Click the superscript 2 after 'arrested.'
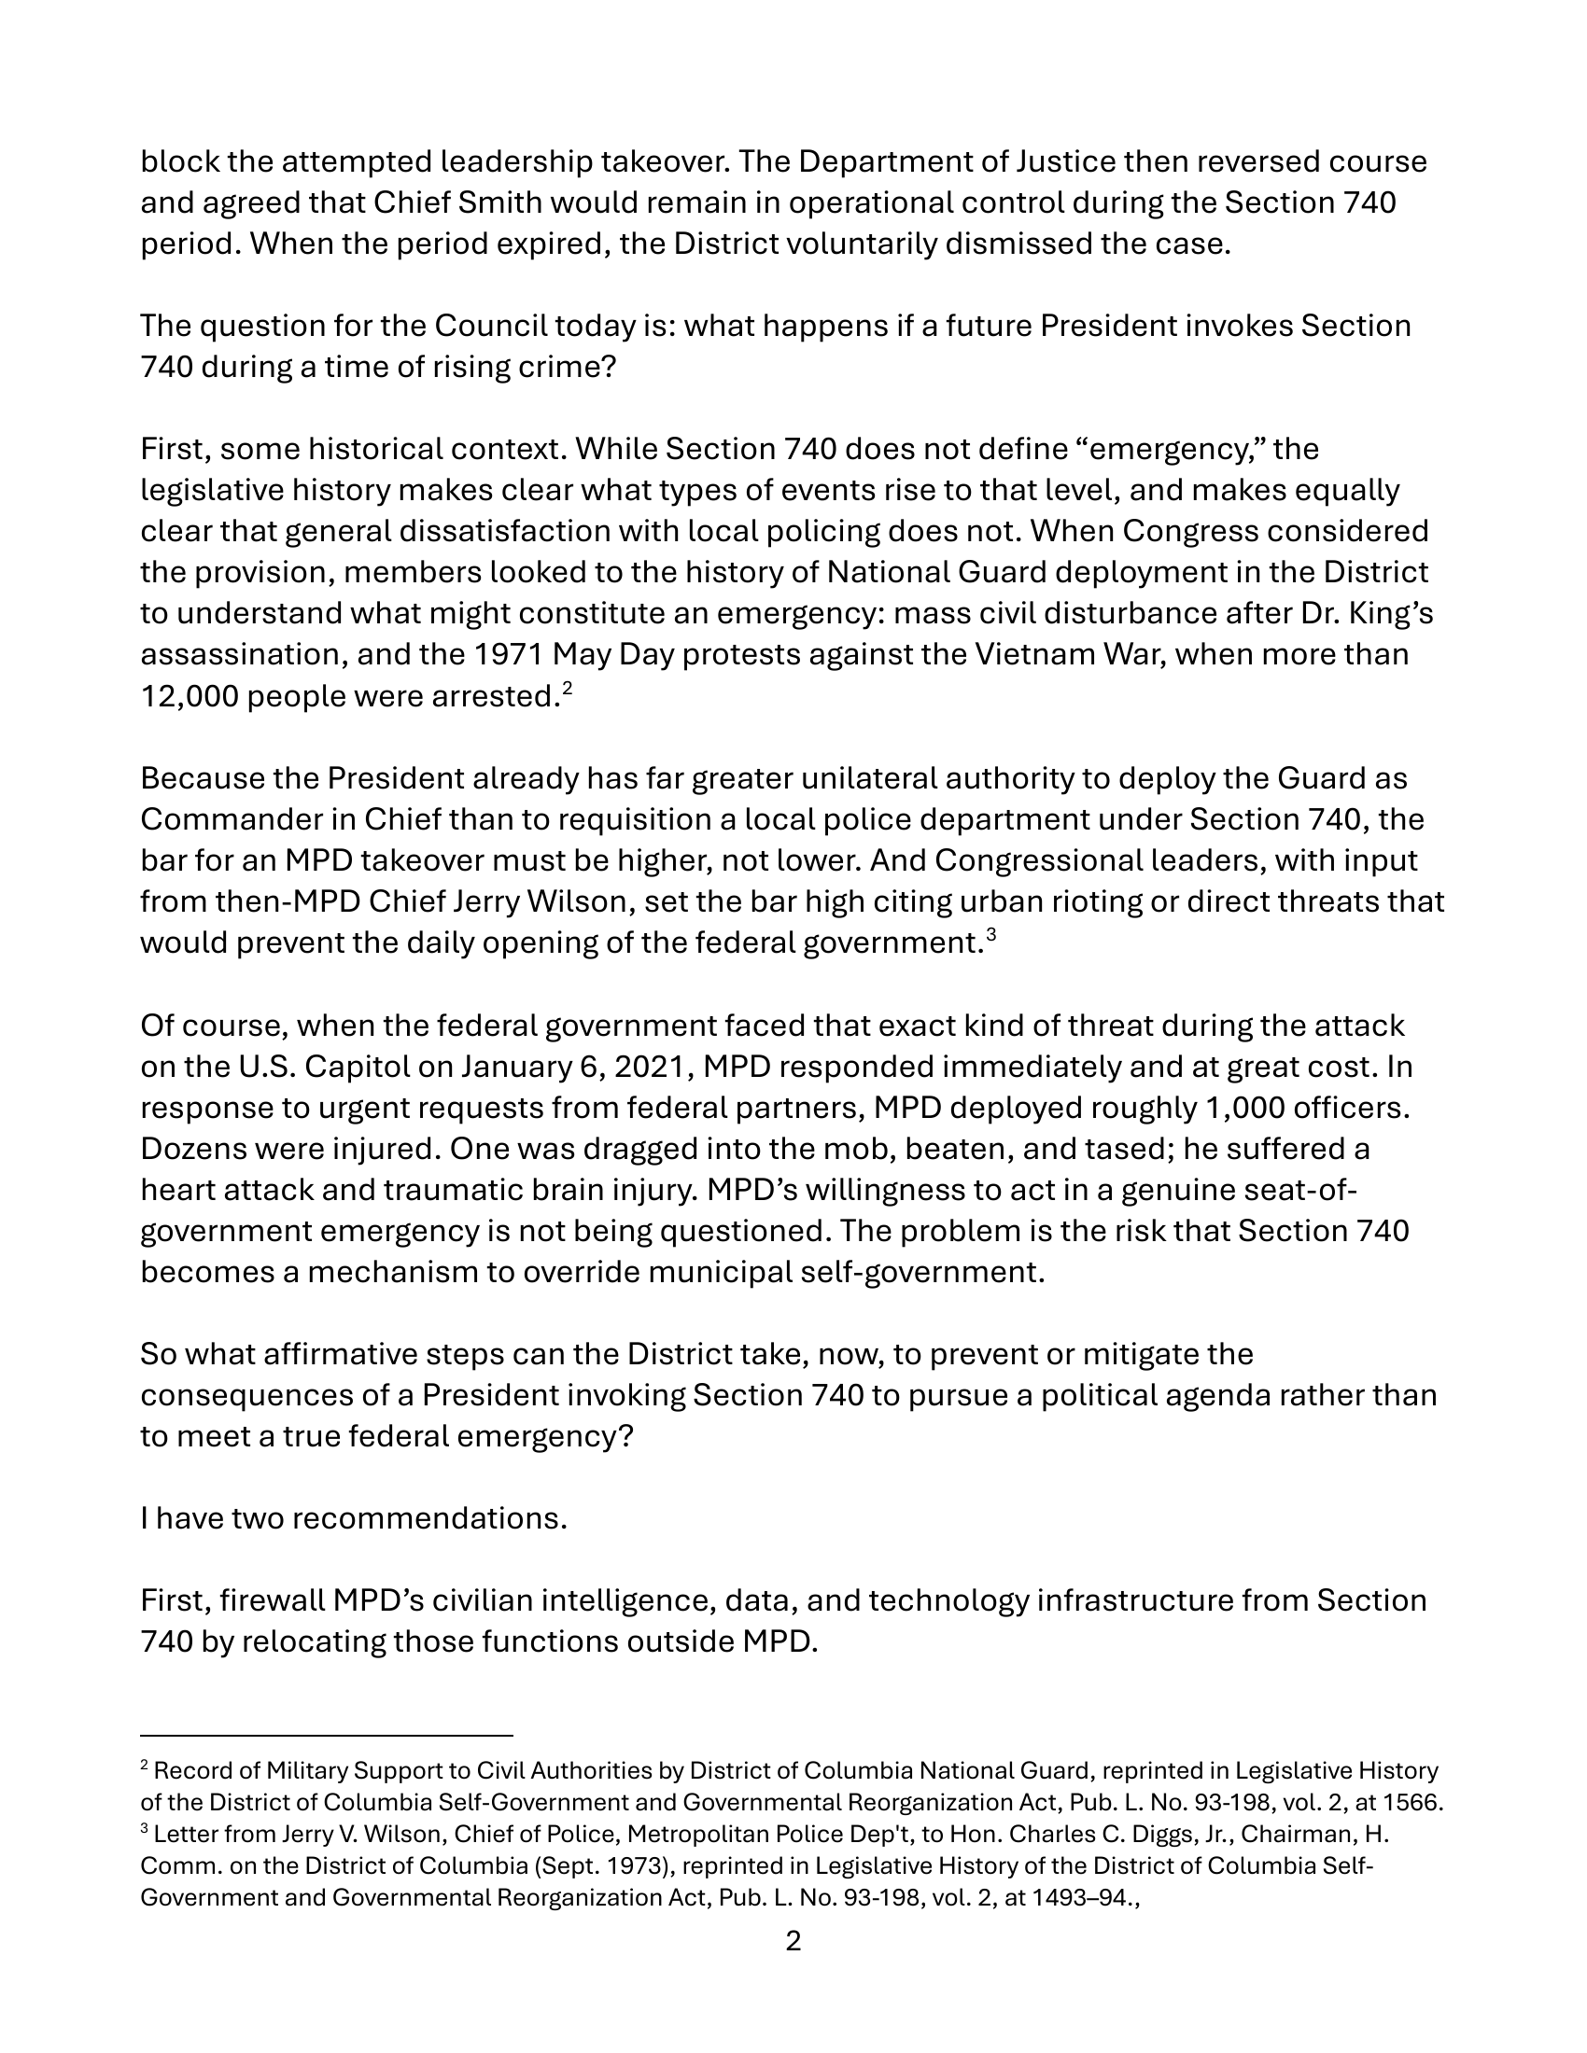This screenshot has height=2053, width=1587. tap(567, 688)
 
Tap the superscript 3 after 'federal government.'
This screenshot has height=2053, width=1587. tap(990, 934)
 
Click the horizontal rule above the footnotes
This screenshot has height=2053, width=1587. tap(326, 1736)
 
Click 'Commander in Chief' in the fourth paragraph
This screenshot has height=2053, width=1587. tap(291, 819)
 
